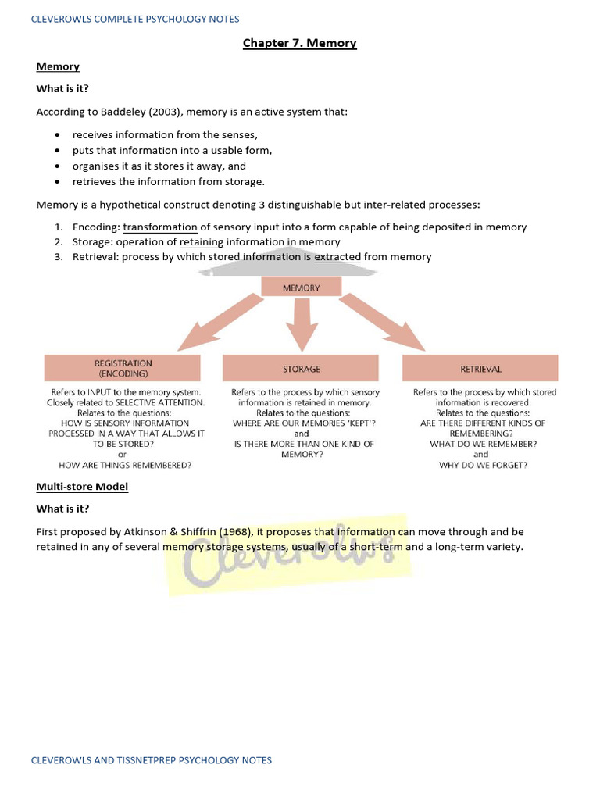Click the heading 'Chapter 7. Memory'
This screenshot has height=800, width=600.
(x=299, y=43)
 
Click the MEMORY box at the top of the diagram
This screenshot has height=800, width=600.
(x=301, y=287)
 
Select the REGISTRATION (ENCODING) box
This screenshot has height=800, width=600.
(x=123, y=368)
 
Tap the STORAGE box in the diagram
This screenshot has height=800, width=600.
(x=301, y=368)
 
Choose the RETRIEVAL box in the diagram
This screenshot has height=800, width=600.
(x=480, y=368)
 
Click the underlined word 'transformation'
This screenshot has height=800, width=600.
(x=159, y=227)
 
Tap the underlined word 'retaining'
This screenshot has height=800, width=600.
(x=202, y=241)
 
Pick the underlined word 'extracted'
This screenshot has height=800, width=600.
(x=337, y=256)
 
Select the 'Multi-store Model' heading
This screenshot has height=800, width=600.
(x=82, y=487)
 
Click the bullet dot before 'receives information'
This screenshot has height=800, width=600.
(x=58, y=135)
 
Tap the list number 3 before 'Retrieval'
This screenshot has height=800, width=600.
(x=59, y=256)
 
